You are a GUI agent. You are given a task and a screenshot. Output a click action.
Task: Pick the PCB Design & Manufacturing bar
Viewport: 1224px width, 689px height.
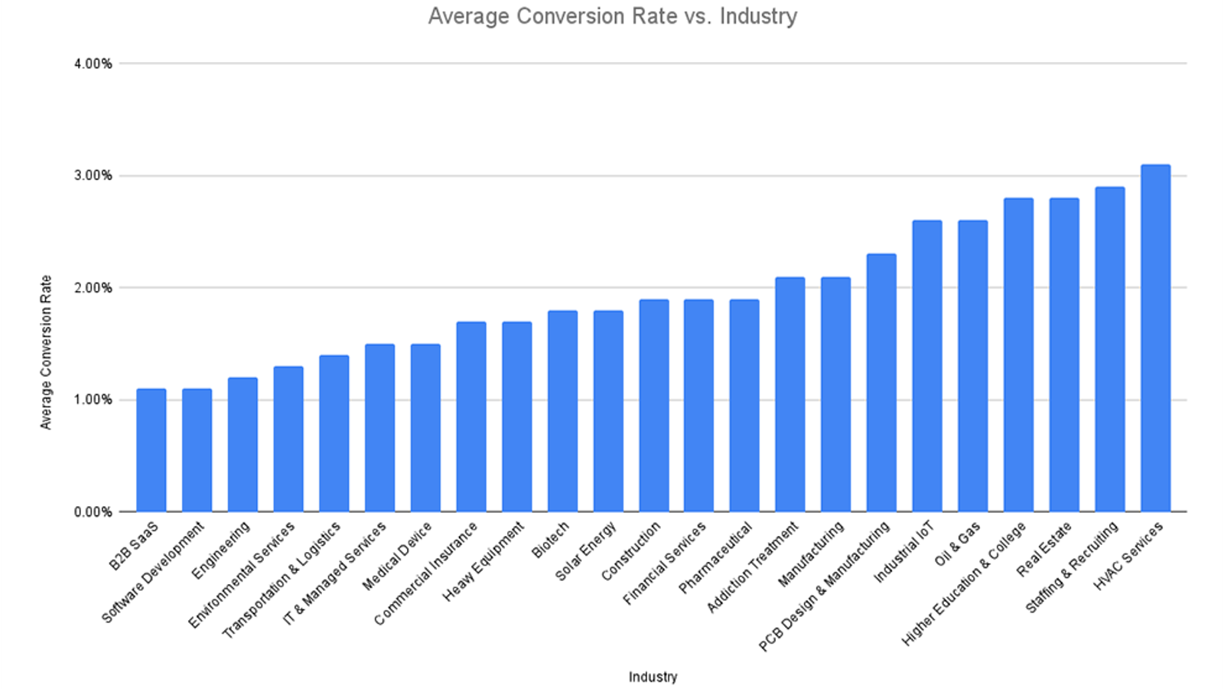point(881,383)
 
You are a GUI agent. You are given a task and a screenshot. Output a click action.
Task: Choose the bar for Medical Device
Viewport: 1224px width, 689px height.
point(425,428)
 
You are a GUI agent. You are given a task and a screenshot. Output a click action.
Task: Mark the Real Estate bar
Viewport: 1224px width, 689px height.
point(1064,355)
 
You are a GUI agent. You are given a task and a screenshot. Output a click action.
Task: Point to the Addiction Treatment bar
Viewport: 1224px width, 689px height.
point(789,394)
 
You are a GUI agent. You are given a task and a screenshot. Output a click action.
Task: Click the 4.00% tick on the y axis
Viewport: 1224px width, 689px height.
point(93,64)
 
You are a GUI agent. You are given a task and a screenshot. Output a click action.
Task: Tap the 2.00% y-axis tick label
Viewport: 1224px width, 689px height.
point(93,288)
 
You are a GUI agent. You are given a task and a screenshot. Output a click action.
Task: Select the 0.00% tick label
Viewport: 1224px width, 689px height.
point(93,511)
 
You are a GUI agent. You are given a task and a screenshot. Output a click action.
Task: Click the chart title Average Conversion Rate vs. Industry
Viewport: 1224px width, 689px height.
point(612,16)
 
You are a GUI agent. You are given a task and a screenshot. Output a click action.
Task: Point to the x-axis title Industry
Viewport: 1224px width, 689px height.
point(653,677)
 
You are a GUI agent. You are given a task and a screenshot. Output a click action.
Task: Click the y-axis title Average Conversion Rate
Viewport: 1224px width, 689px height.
point(46,352)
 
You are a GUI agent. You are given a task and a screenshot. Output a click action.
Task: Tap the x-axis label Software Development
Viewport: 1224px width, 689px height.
point(153,572)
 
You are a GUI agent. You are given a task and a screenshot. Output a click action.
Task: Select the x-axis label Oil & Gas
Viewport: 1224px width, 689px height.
point(957,544)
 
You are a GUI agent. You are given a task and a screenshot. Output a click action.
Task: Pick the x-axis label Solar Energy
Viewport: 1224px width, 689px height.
point(586,551)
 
